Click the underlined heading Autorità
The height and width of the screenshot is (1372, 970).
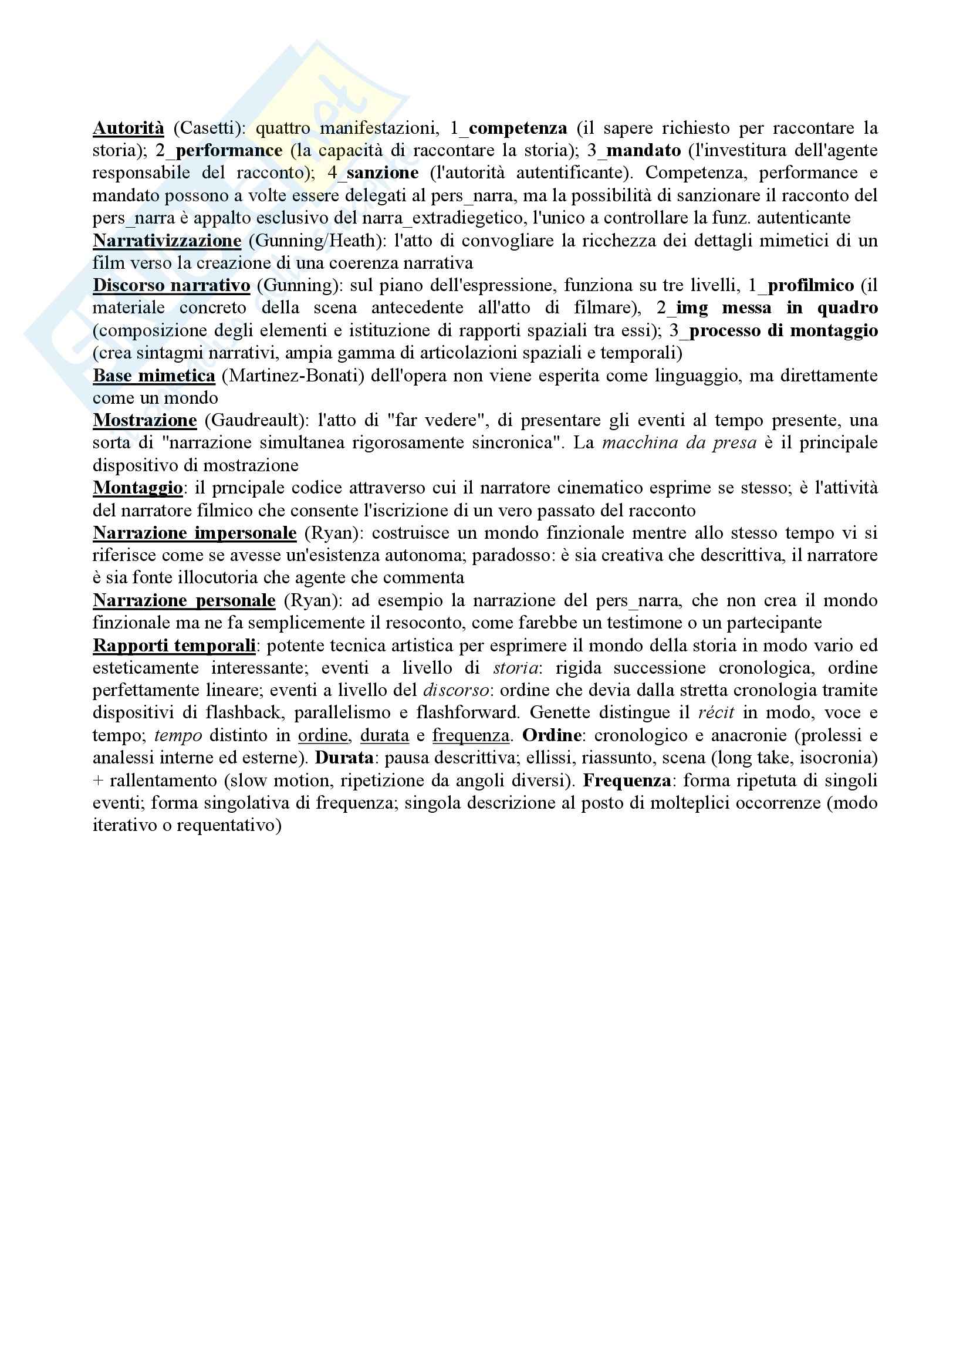pos(128,128)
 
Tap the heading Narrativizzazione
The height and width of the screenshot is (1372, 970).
pos(167,240)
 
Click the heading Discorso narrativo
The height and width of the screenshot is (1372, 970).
pos(171,285)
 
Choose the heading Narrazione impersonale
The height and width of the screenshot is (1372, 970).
pos(194,532)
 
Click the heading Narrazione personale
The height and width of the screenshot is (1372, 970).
pos(184,600)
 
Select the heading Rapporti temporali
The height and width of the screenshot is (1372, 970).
pos(174,646)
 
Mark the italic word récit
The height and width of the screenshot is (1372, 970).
pos(716,713)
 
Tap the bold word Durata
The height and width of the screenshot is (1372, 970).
pos(344,758)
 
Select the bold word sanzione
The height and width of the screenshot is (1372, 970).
pos(382,173)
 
